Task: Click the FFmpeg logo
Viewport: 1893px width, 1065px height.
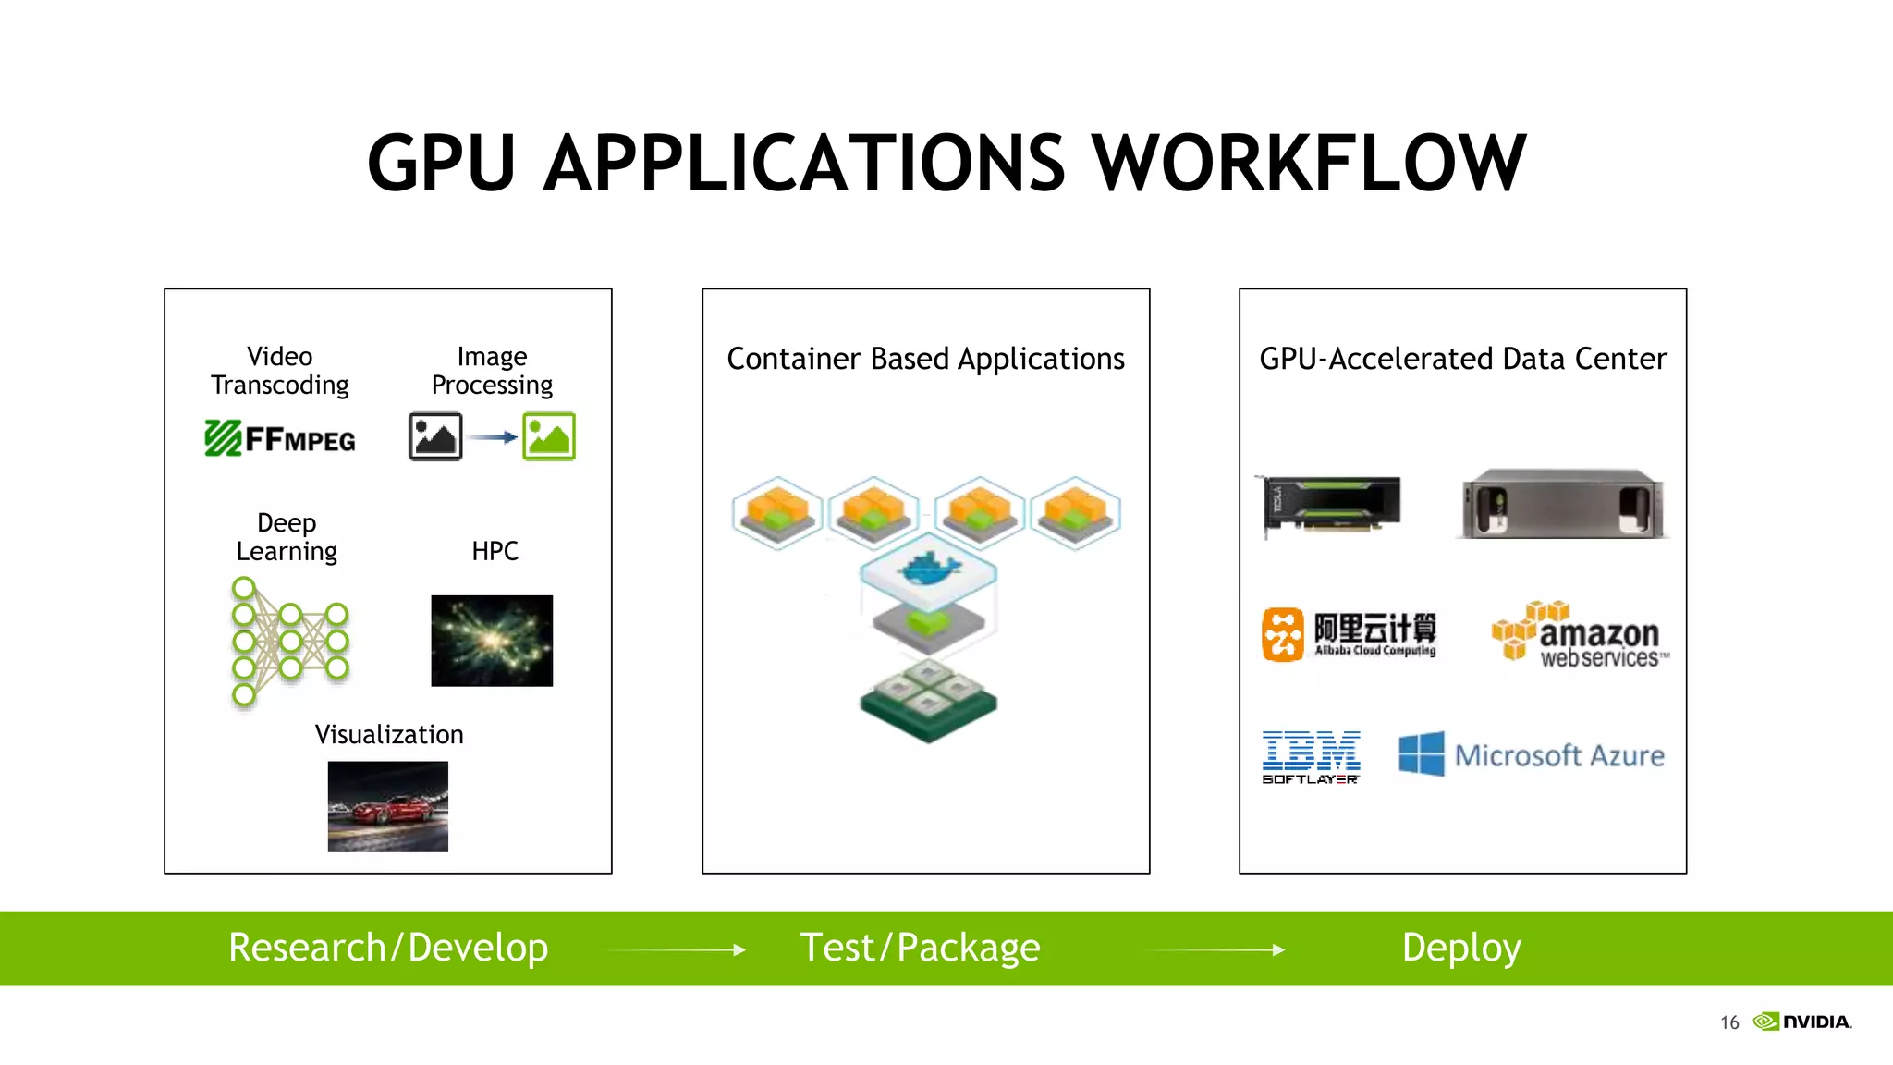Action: click(280, 438)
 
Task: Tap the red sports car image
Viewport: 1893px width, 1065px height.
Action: click(388, 806)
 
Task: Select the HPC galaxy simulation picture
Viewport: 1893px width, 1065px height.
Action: click(492, 641)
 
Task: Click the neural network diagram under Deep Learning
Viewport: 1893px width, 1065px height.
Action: click(288, 642)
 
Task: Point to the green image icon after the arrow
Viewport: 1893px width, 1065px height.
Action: click(549, 436)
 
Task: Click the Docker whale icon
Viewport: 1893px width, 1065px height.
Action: click(928, 569)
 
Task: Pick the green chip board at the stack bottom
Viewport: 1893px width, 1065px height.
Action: click(928, 703)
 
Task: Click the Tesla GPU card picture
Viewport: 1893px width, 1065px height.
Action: click(1329, 505)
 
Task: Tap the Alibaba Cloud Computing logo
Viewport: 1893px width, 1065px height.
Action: click(1350, 634)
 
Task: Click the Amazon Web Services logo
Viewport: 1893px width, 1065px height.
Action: click(1581, 634)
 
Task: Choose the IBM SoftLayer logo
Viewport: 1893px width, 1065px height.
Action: click(1311, 756)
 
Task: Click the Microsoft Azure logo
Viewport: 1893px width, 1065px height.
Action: click(1533, 754)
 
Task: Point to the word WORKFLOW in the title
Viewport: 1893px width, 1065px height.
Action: click(1309, 163)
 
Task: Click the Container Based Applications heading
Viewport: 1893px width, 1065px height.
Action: click(926, 359)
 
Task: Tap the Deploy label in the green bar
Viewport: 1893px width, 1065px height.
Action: click(1460, 948)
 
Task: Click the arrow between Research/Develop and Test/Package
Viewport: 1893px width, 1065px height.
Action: click(675, 949)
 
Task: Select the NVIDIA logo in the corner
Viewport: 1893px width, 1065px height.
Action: click(1802, 1022)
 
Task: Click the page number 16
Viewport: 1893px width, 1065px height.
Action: click(1729, 1022)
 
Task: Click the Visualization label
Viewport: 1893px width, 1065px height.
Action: click(389, 734)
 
